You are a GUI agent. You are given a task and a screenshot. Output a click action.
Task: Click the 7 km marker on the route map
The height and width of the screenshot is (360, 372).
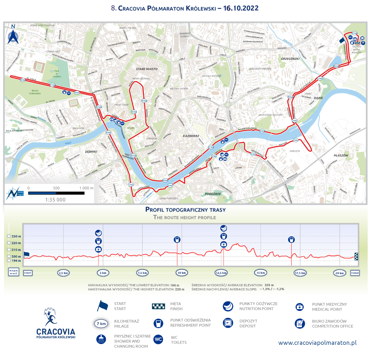[131, 185]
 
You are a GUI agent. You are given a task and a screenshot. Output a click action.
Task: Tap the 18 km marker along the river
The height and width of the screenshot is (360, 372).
[262, 131]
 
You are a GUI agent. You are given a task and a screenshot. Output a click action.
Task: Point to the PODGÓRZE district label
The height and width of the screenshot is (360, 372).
[213, 194]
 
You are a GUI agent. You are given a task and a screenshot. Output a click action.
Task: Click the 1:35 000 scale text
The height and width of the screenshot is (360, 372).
[55, 200]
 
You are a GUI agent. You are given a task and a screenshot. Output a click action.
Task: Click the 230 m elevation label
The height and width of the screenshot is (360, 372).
[16, 236]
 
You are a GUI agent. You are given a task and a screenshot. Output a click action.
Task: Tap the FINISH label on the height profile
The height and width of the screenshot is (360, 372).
[355, 273]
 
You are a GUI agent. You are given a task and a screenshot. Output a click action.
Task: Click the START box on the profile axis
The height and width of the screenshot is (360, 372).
[28, 272]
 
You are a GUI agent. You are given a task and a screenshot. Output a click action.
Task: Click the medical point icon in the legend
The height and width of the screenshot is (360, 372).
[299, 307]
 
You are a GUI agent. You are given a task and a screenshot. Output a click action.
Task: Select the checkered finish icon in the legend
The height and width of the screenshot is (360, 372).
[158, 306]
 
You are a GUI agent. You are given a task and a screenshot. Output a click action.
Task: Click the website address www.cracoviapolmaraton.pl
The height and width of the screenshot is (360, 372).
[317, 343]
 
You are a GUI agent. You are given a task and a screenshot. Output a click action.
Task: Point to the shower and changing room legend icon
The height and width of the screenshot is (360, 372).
[100, 340]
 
